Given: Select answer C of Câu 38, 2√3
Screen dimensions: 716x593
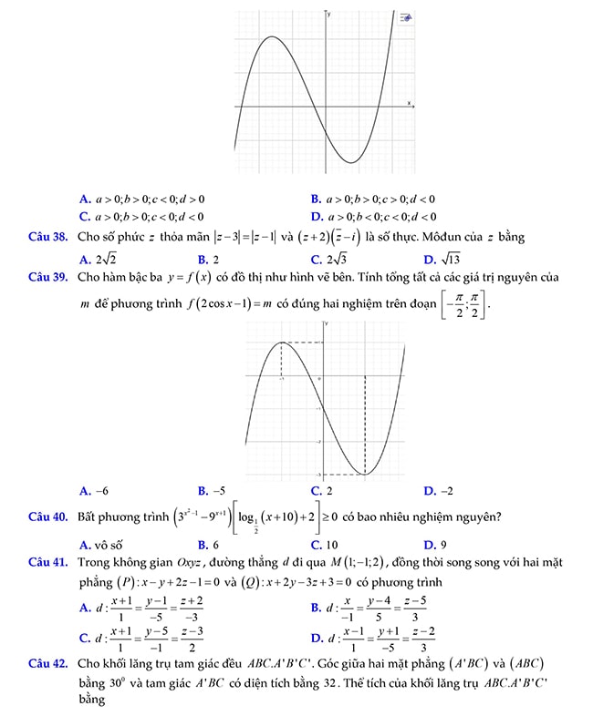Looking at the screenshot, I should [325, 259].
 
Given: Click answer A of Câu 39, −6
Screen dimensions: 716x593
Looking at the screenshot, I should [94, 490].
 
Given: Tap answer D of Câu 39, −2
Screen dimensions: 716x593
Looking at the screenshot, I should [439, 490].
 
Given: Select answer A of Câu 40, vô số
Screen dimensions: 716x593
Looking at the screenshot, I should [100, 545].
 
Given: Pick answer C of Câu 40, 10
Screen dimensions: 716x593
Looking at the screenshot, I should [325, 545].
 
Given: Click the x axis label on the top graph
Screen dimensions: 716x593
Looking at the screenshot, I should [409, 102].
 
